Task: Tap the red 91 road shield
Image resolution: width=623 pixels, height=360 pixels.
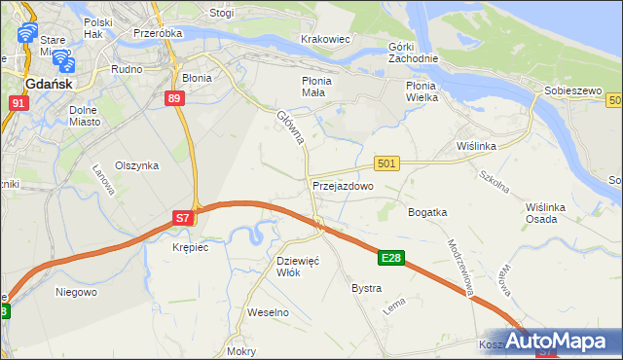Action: coord(18,102)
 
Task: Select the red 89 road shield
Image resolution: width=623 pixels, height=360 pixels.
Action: coord(174,98)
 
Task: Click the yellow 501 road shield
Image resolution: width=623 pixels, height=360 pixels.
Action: coord(386,164)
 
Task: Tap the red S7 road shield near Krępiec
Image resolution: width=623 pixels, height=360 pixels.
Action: coord(183,220)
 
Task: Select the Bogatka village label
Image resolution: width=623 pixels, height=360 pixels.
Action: coord(427,212)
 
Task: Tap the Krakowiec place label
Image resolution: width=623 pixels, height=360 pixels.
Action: coord(326,40)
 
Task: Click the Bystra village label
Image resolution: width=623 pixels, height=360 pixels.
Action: coord(366,289)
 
